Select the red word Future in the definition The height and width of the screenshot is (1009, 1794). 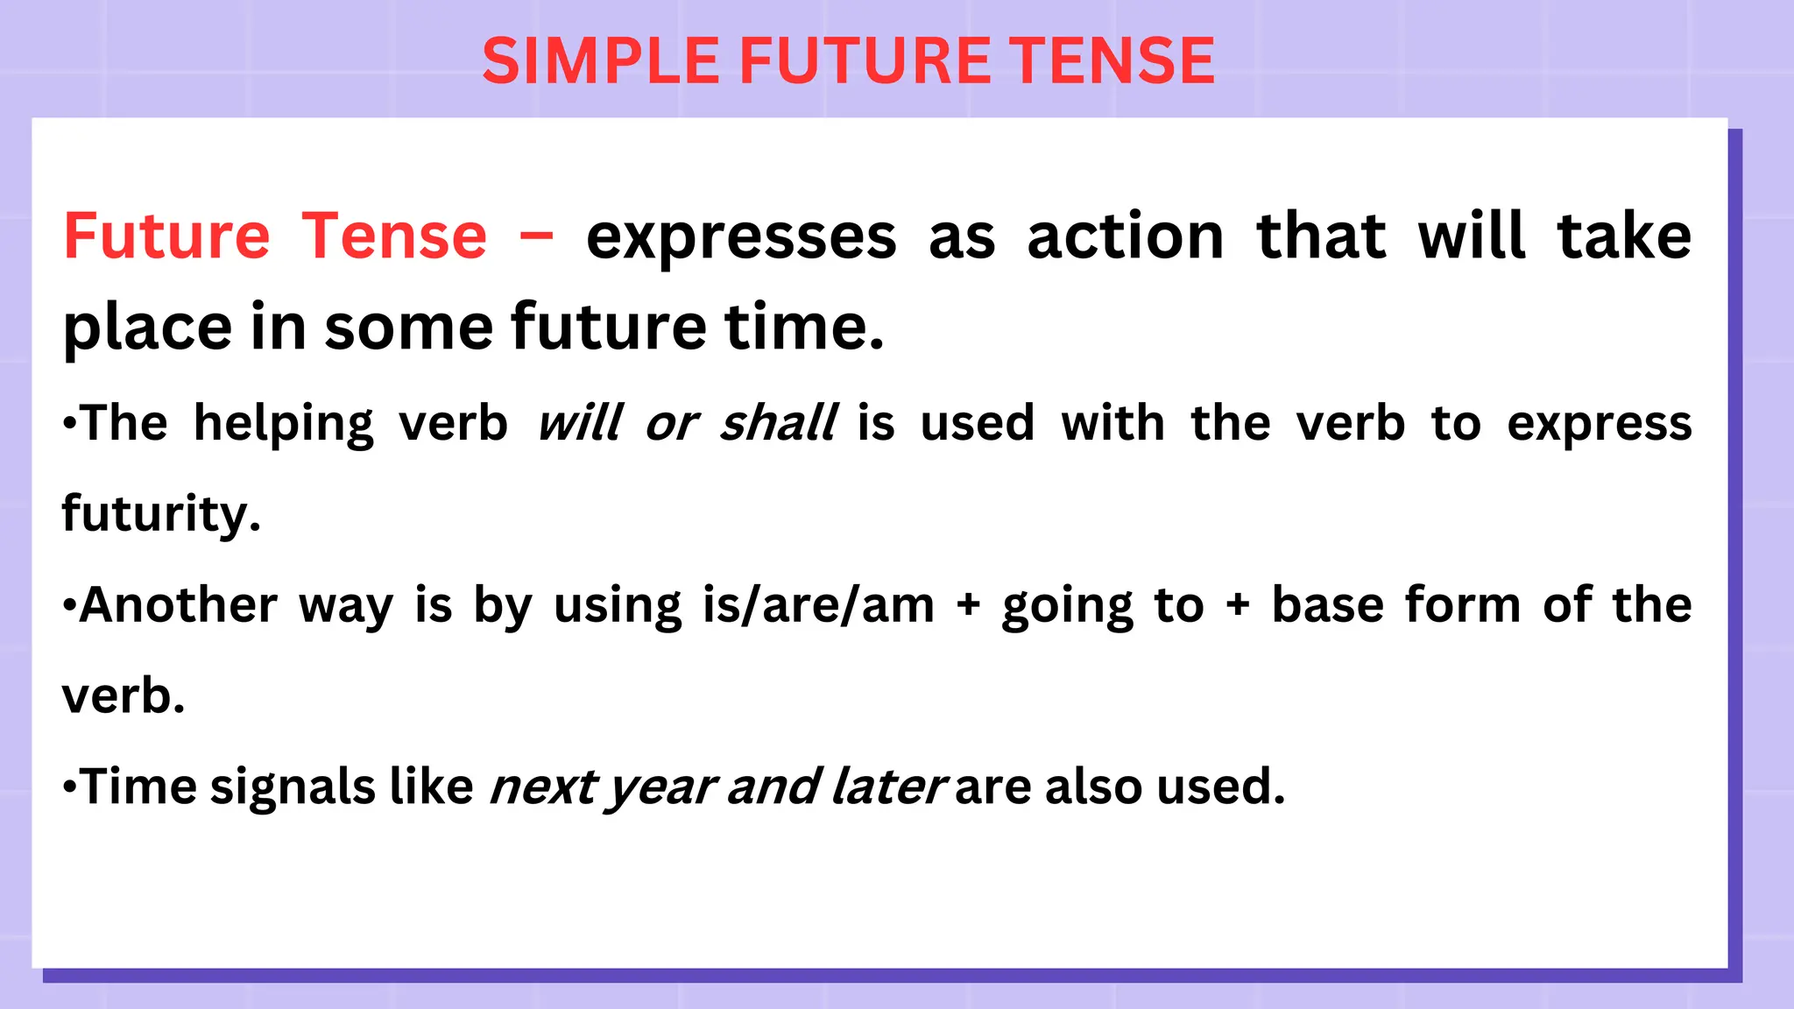coord(166,236)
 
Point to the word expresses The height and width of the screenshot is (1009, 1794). coord(741,238)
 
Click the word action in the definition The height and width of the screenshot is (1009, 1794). coord(1126,236)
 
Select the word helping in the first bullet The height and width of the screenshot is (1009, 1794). coord(283,425)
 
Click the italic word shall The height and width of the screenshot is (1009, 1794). coord(779,423)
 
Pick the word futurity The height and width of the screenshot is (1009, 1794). coord(161,514)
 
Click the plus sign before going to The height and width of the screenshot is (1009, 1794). coord(968,605)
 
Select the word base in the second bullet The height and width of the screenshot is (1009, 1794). coord(1327,604)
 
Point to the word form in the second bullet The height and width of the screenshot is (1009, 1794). coord(1463,604)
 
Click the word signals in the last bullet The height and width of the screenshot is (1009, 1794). coord(293,787)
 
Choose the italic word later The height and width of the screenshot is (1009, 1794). coord(887,786)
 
